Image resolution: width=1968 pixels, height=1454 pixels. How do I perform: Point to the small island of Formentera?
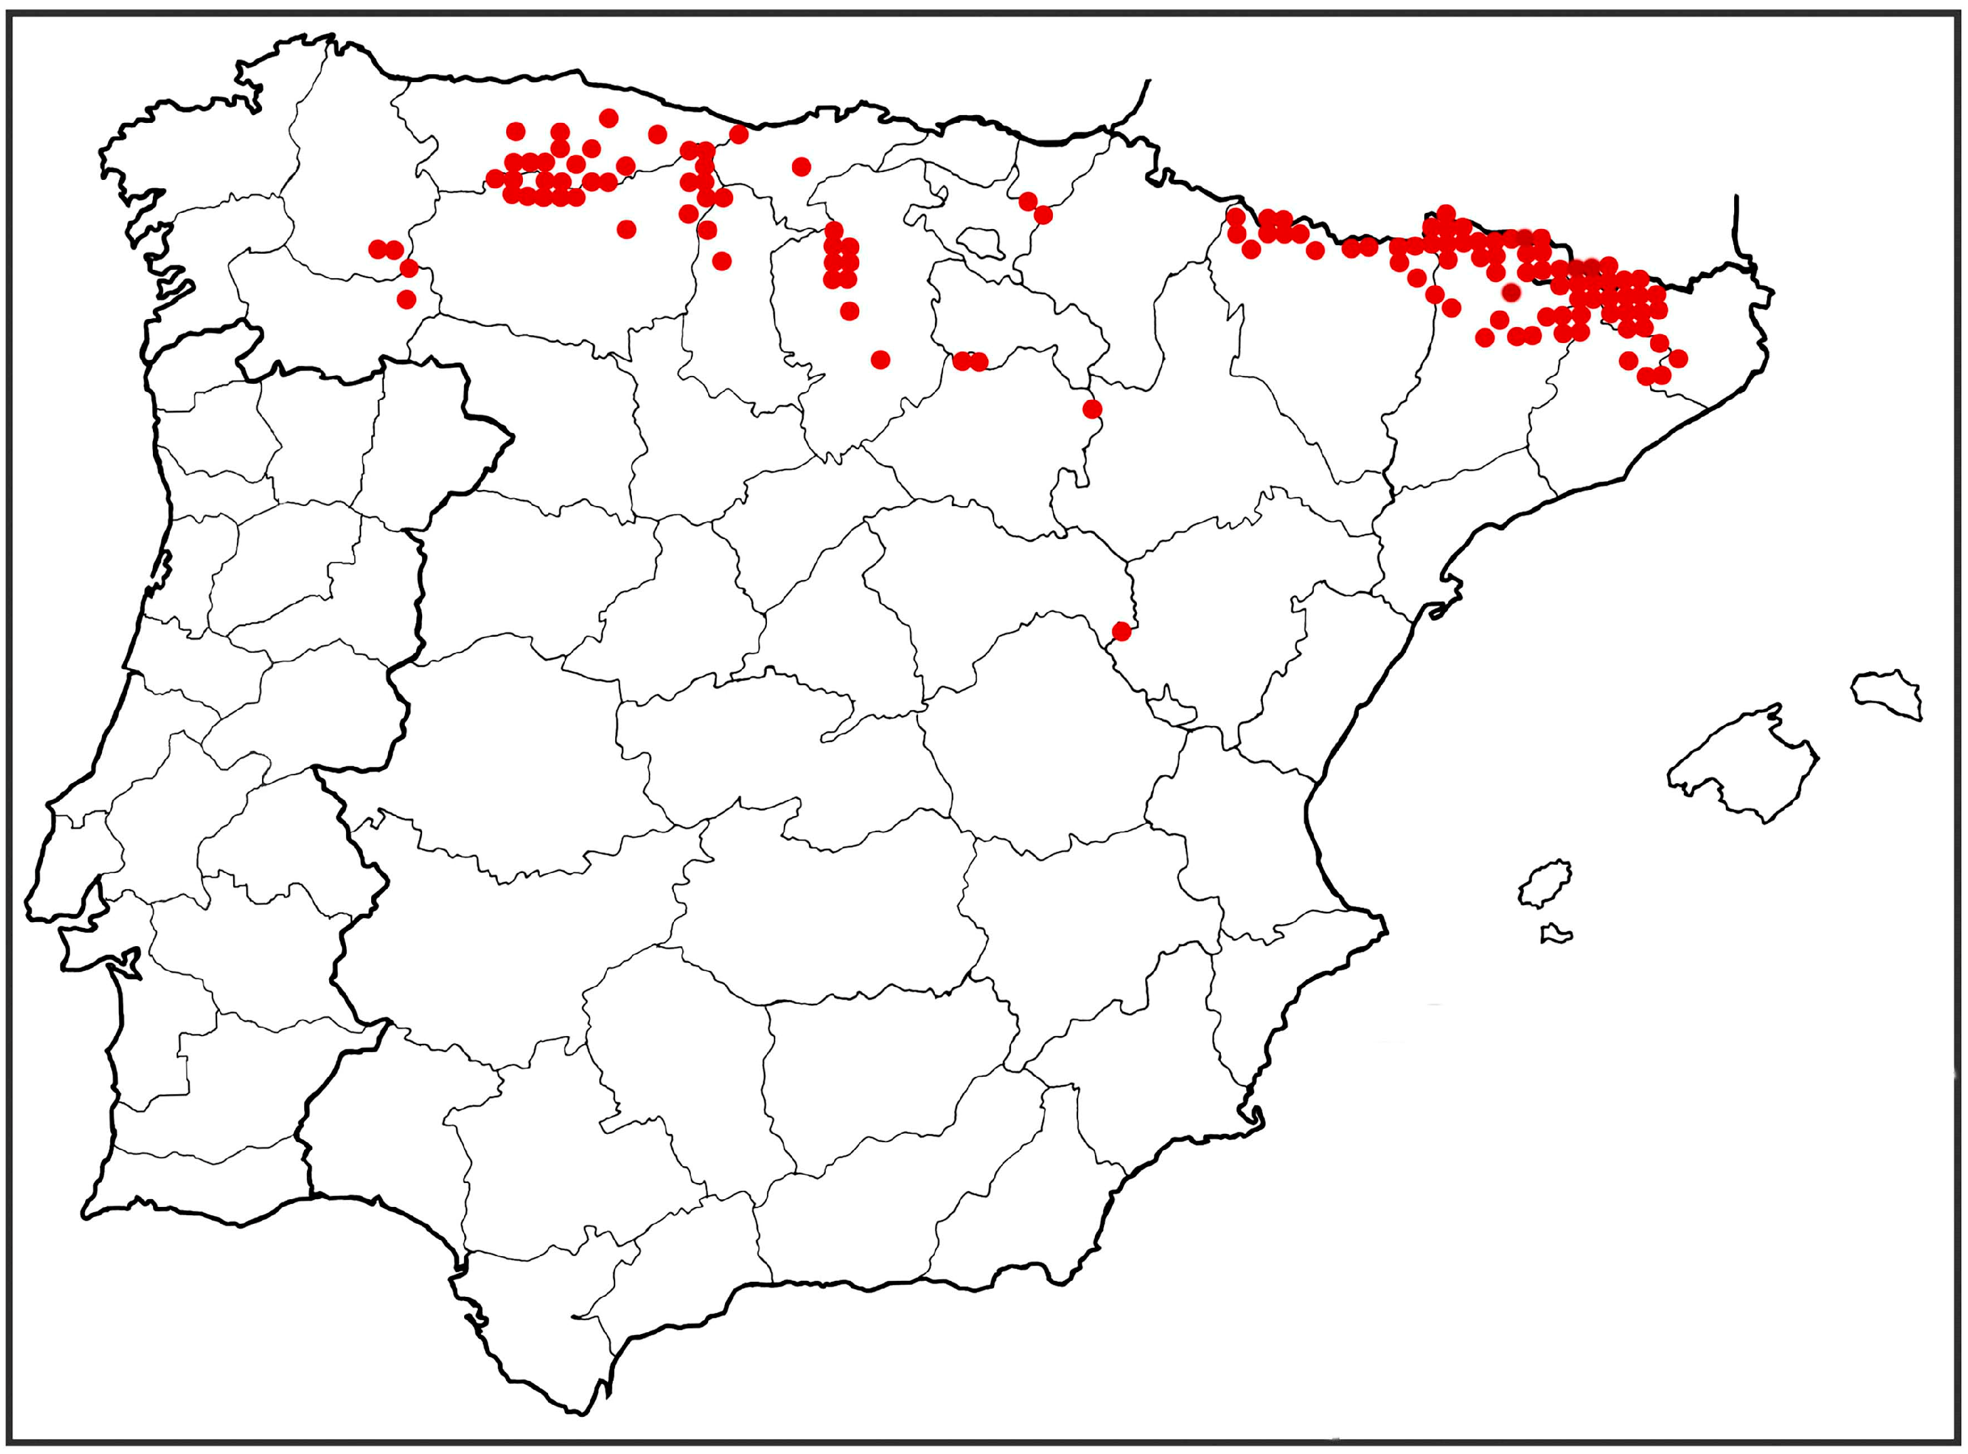pos(1556,933)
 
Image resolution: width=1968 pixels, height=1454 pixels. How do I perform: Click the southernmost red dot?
pos(1121,631)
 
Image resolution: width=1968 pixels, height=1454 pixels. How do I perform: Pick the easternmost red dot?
pos(1678,358)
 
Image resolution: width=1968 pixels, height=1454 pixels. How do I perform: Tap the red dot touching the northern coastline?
pos(738,134)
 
